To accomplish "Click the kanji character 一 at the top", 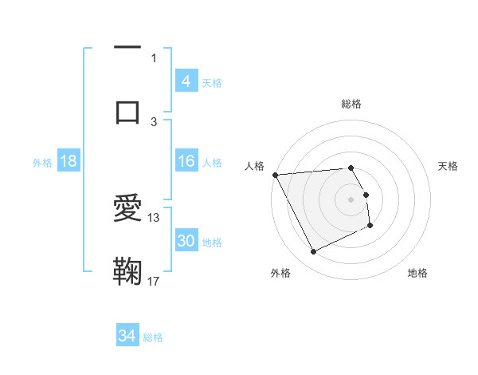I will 127,49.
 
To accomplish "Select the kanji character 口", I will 127,111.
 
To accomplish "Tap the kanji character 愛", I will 127,209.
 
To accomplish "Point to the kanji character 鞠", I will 127,271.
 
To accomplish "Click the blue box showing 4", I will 186,81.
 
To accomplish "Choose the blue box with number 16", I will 186,161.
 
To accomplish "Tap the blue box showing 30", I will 186,240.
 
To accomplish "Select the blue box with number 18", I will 69,161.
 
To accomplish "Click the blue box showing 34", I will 127,336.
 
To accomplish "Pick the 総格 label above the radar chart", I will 351,104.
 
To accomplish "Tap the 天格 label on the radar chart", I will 449,166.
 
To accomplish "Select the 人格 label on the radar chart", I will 253,166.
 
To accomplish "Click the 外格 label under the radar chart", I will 280,273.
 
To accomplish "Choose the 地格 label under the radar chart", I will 417,273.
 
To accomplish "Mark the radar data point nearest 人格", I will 275,175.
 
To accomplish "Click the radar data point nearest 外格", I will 313,252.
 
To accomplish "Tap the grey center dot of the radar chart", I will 351,199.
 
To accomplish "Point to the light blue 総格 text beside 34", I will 154,337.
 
